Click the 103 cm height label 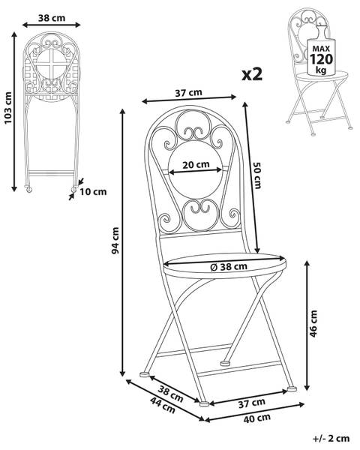click(x=8, y=108)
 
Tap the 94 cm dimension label click(x=115, y=241)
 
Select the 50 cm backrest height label click(x=257, y=175)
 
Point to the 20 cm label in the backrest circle click(x=196, y=165)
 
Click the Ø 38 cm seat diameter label click(x=229, y=266)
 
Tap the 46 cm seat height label click(x=313, y=323)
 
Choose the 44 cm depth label click(x=163, y=405)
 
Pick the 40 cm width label click(x=257, y=418)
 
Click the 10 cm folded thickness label click(x=93, y=191)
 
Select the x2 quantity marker click(x=252, y=74)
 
